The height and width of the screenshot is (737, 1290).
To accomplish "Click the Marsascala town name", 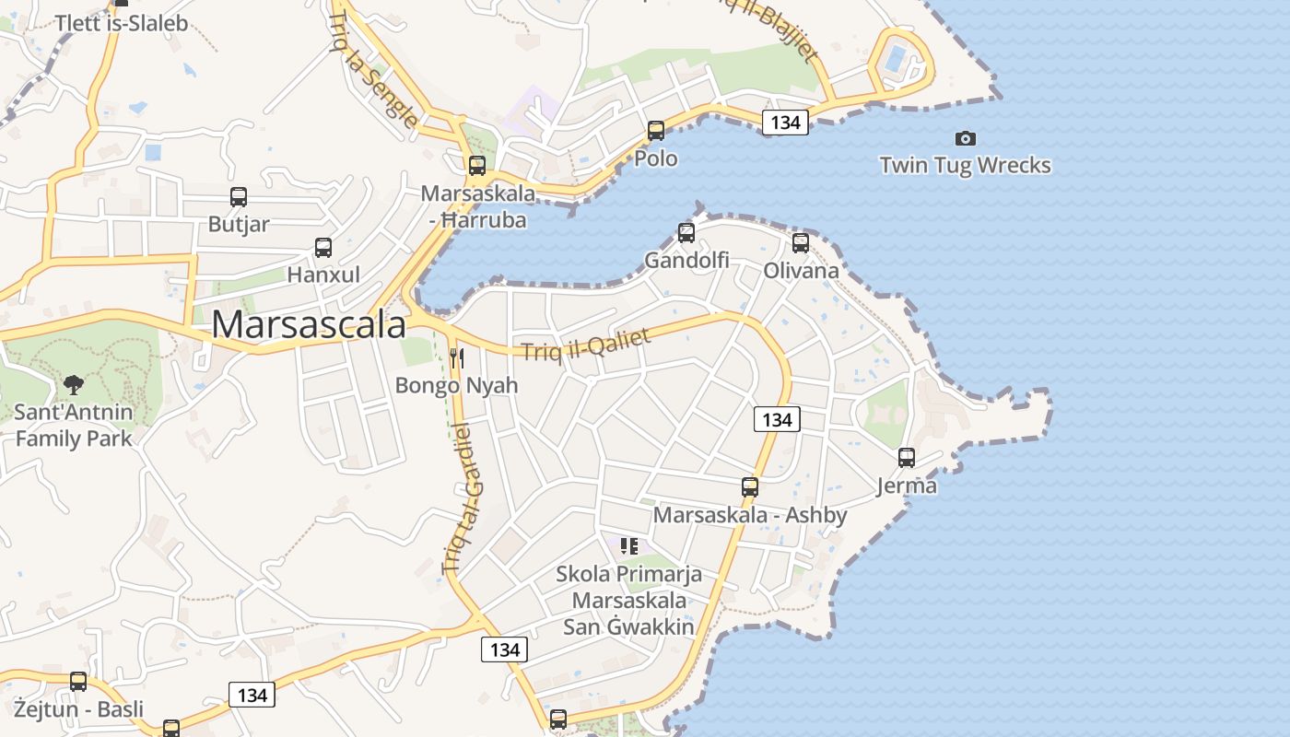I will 309,325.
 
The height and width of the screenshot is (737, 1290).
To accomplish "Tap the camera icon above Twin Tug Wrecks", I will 965,138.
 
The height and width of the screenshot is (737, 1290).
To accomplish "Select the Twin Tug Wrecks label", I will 965,166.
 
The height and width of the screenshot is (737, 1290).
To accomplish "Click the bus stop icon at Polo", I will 656,131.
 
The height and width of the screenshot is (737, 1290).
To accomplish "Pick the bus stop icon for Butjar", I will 239,196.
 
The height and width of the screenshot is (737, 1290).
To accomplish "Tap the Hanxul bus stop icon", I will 323,247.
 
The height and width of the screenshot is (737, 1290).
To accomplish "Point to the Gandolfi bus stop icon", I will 686,232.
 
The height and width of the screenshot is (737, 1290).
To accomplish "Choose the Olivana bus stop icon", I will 801,243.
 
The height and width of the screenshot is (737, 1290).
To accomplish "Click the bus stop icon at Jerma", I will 907,458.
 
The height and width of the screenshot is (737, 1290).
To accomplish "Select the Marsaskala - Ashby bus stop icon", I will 750,487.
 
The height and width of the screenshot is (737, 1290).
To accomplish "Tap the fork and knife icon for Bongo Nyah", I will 456,357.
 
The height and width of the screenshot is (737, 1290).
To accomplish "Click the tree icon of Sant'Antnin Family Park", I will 74,384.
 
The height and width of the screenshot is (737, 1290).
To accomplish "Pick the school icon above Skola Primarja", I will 629,546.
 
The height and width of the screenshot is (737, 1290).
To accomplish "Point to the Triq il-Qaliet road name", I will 586,345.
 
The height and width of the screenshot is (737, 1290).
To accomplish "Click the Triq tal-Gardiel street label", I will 467,497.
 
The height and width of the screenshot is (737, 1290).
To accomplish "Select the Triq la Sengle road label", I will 373,69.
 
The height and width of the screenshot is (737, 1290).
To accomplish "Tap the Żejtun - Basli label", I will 78,708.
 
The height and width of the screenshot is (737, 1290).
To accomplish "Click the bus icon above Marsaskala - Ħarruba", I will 477,166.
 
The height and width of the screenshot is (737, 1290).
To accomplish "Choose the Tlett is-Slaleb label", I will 122,23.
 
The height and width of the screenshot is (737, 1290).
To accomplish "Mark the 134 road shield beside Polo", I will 785,122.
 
